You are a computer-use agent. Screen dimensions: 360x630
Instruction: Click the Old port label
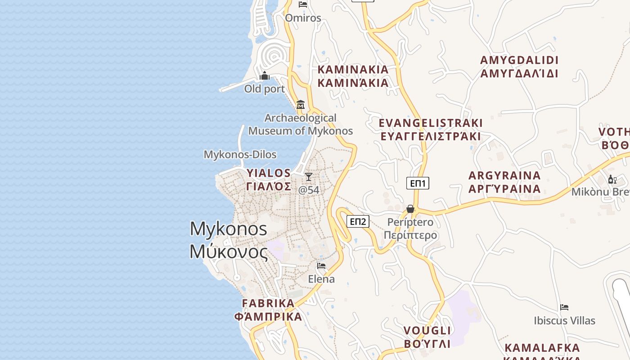click(265, 89)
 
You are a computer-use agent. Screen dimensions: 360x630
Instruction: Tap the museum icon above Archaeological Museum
click(301, 105)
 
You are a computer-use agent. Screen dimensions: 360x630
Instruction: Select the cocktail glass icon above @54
click(309, 176)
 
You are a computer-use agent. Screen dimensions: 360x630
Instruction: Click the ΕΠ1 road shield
click(418, 183)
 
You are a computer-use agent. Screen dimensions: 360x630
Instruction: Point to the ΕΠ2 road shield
click(358, 221)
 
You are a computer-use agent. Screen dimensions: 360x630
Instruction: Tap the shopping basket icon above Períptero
click(410, 209)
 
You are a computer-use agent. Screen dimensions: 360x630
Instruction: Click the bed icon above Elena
click(321, 266)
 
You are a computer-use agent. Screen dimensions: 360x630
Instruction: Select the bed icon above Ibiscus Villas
click(564, 307)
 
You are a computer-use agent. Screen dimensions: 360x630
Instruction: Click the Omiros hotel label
click(303, 18)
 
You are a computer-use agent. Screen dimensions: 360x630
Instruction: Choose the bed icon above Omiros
click(303, 4)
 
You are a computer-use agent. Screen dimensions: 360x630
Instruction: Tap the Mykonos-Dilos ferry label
click(240, 155)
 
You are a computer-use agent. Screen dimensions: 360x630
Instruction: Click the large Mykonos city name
click(229, 240)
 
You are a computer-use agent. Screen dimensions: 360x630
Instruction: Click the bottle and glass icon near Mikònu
click(612, 180)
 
